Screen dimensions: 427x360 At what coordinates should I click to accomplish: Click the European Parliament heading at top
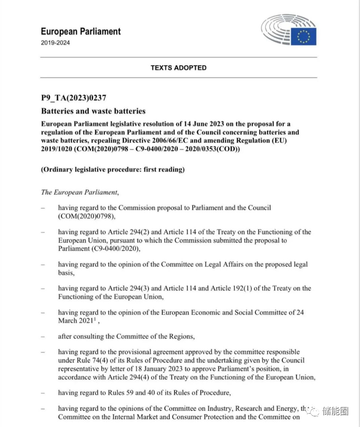[81, 31]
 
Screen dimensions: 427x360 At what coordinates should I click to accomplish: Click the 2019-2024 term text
[55, 43]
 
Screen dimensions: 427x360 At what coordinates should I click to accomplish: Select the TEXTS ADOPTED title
[179, 68]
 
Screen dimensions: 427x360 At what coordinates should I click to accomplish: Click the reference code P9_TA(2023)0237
[74, 98]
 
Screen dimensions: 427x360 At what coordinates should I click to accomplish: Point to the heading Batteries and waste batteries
[93, 111]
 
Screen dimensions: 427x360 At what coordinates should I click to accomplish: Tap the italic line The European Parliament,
[80, 192]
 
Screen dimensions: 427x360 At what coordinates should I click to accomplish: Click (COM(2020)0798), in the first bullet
[87, 216]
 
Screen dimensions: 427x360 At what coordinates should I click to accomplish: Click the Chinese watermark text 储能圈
[335, 411]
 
